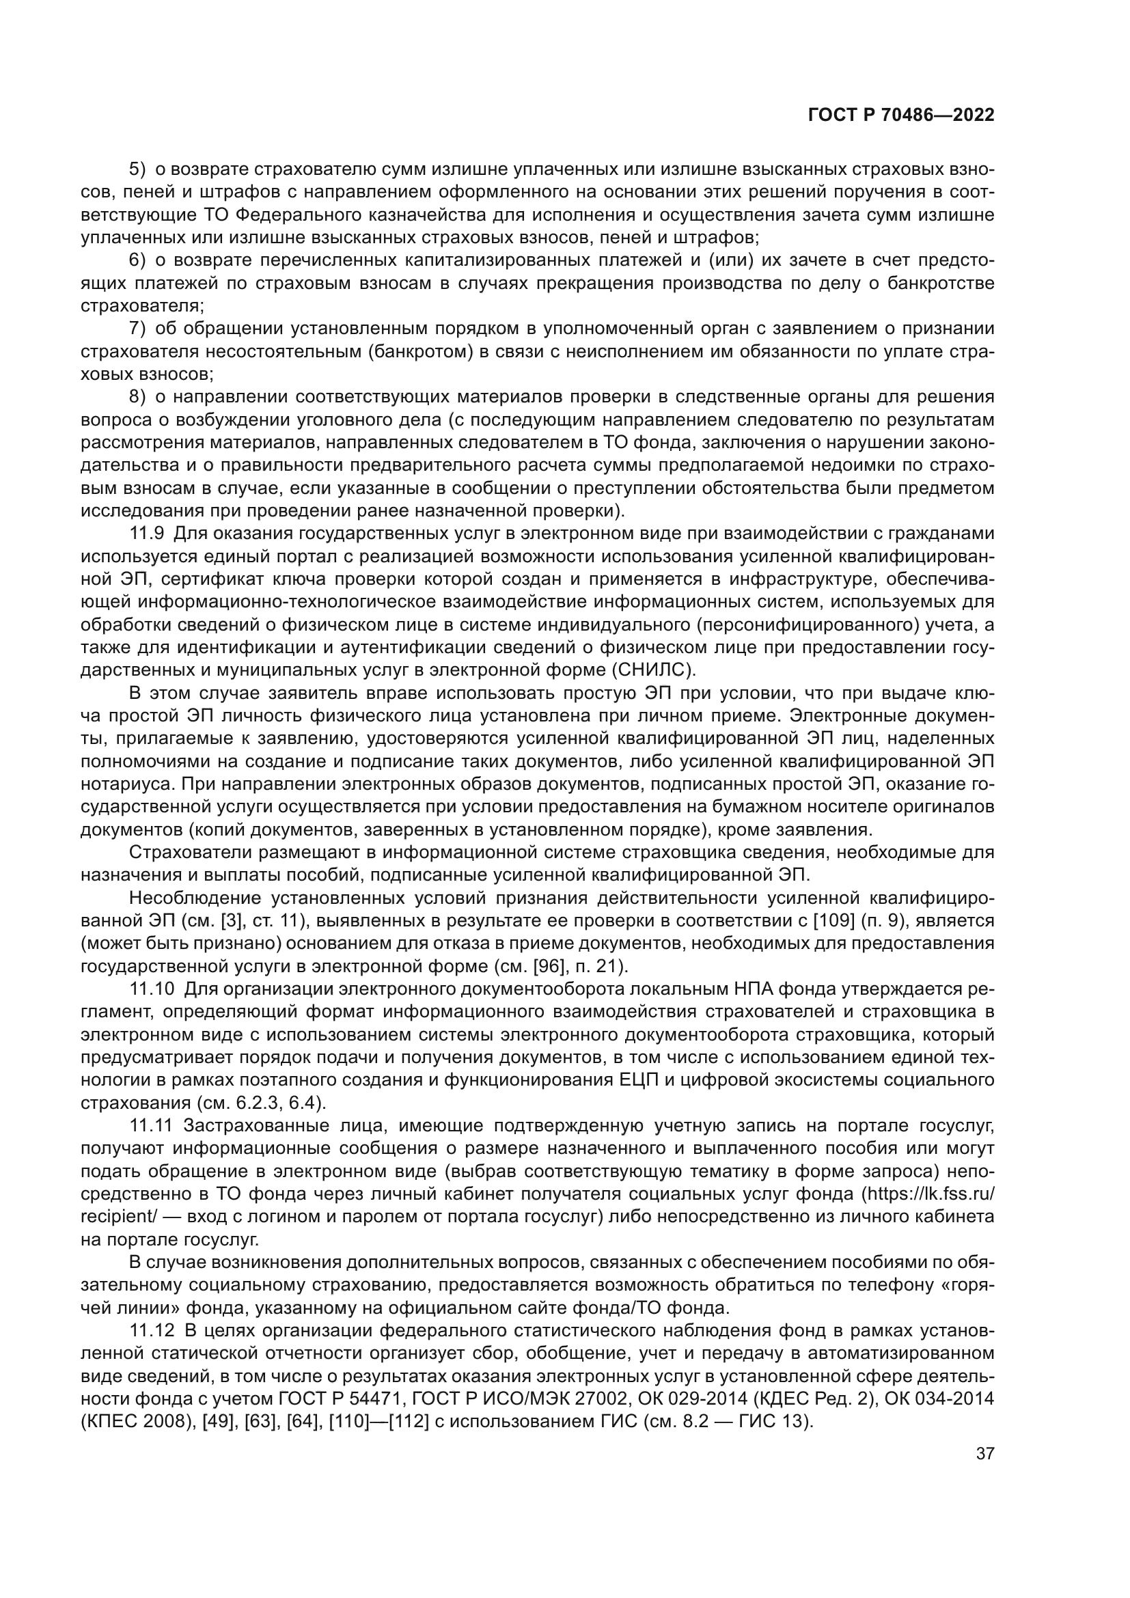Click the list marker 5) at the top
point(138,169)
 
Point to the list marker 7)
point(138,329)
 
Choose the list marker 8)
point(138,397)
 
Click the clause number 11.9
point(147,534)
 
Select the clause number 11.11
point(150,1125)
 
